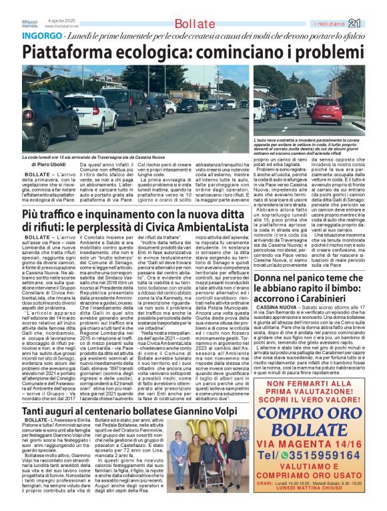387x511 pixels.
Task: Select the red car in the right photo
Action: [328, 110]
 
